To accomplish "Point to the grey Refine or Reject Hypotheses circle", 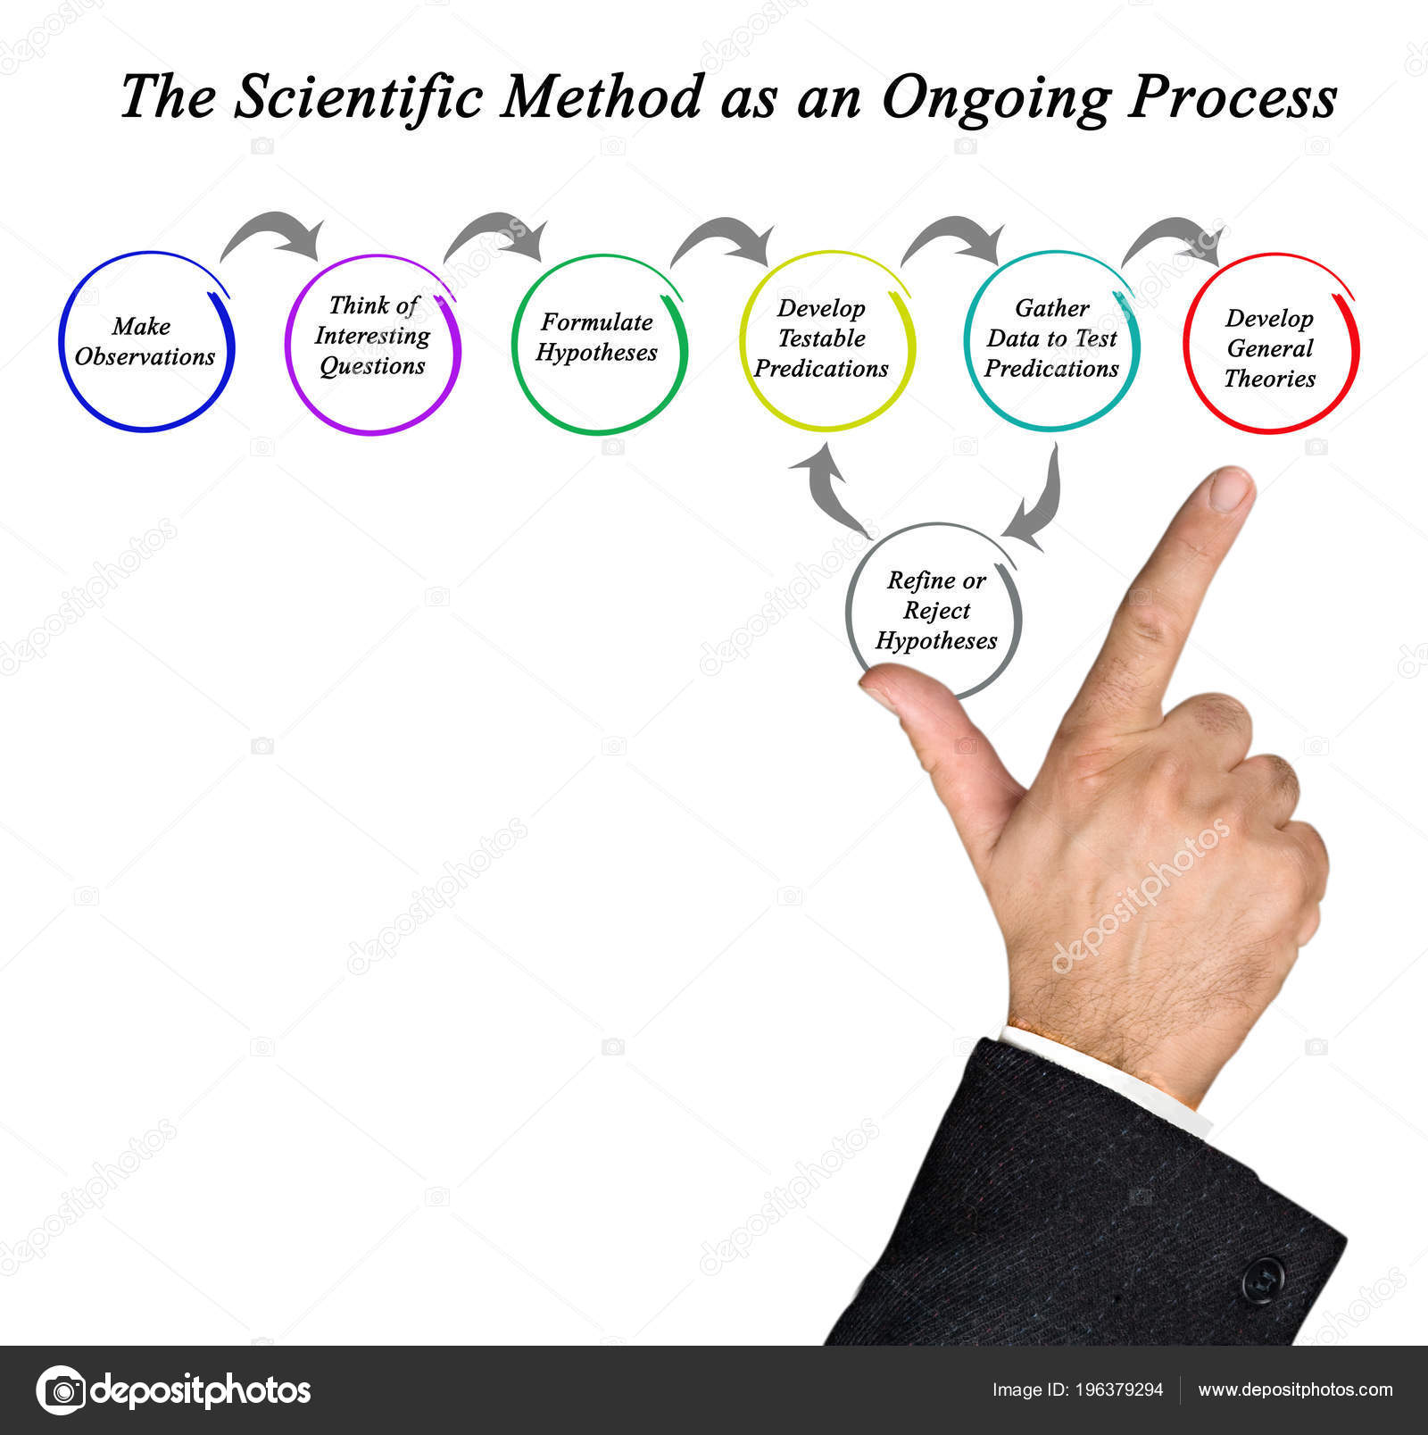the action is pyautogui.click(x=847, y=612).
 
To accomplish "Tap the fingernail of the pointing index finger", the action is pyautogui.click(x=1231, y=490).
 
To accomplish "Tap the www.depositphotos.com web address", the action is pyautogui.click(x=1295, y=1390).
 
